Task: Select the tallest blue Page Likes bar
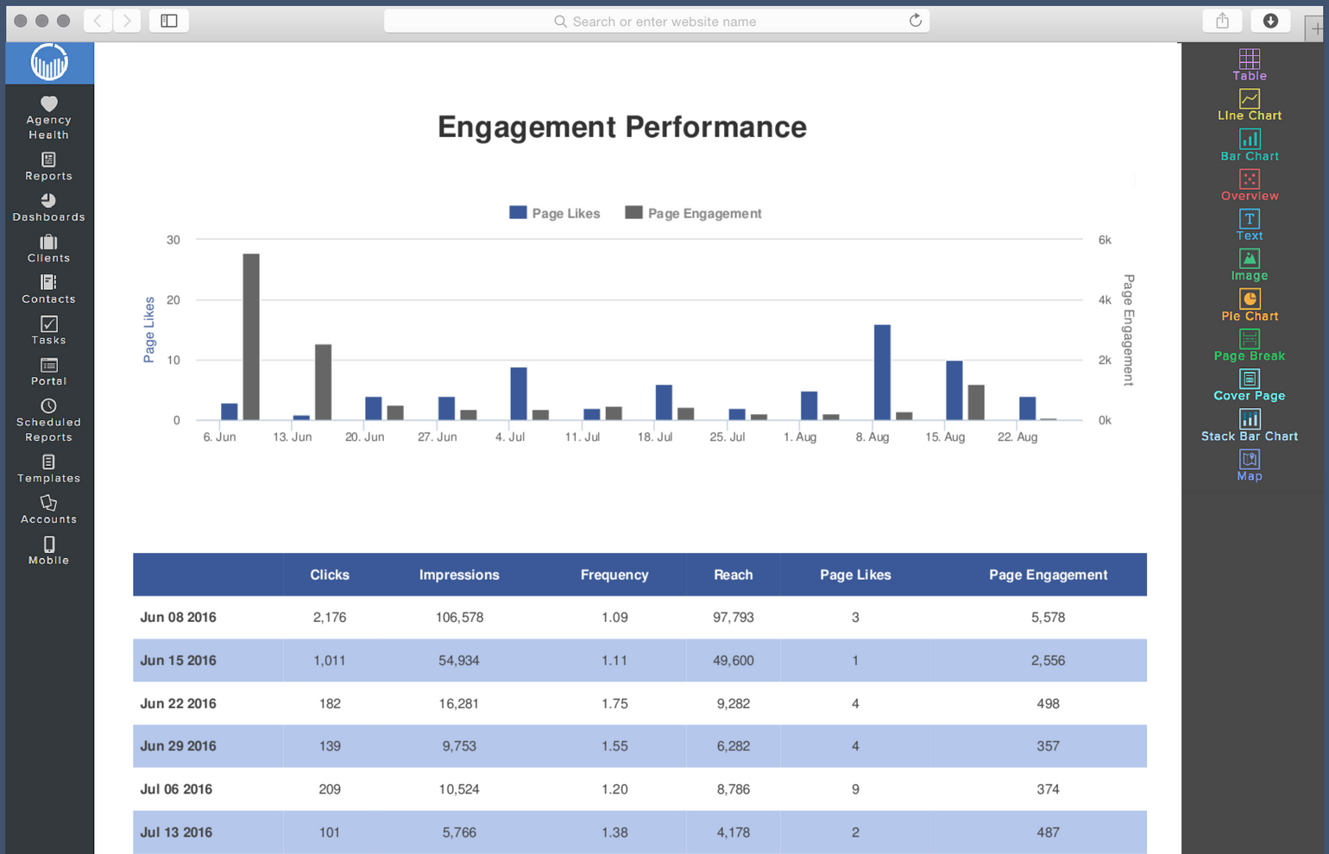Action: coord(882,373)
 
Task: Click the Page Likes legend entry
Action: coord(555,213)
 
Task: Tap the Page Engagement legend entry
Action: coord(694,213)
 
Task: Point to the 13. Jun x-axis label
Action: coord(292,437)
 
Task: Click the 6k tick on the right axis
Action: coord(1105,240)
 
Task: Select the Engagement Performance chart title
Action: coord(621,127)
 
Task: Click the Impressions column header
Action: coord(459,575)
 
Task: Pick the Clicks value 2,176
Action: coord(330,618)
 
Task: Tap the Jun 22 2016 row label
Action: coord(178,703)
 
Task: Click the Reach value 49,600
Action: coord(733,661)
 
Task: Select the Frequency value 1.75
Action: coord(614,703)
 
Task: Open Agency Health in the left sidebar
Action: coord(49,117)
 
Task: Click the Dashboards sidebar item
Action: coord(49,207)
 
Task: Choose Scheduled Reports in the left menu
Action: coord(49,420)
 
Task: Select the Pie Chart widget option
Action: coord(1249,305)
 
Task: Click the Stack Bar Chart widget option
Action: coord(1249,426)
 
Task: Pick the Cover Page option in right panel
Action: coord(1249,386)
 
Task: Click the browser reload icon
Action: coord(915,21)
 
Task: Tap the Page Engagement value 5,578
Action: coord(1048,618)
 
